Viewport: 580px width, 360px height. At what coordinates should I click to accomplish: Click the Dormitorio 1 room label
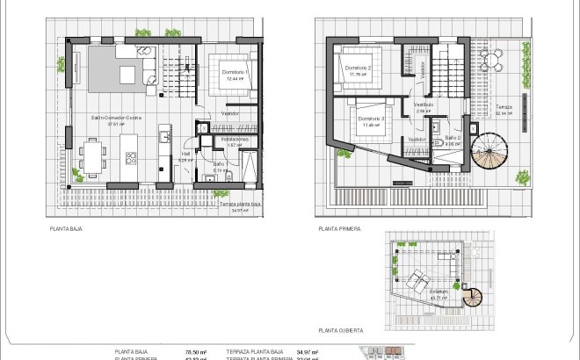click(x=234, y=72)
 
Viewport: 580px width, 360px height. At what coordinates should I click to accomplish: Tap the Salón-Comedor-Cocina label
click(x=116, y=117)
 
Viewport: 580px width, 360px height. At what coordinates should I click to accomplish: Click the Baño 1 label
click(x=221, y=164)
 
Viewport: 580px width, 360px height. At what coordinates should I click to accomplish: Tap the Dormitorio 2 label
click(x=358, y=68)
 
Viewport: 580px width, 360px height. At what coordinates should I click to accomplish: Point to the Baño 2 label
click(x=453, y=139)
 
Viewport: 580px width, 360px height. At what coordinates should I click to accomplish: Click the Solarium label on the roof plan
click(x=439, y=292)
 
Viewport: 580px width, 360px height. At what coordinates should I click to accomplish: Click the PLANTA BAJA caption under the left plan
click(x=67, y=228)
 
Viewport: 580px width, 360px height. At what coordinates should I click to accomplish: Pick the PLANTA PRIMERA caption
click(x=340, y=228)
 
